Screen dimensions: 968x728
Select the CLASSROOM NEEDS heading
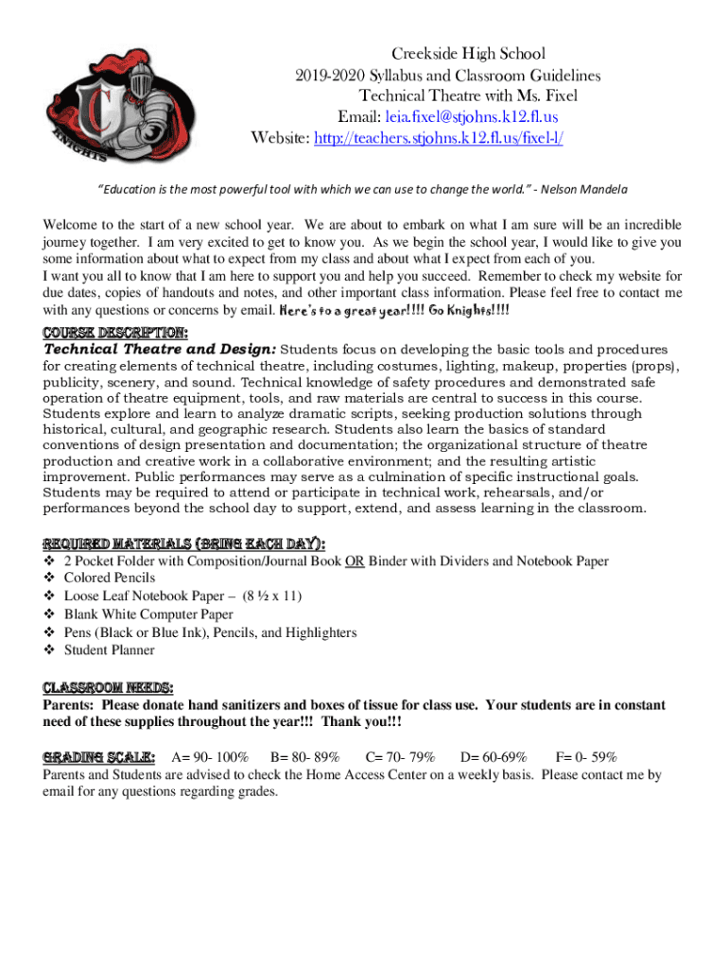(108, 687)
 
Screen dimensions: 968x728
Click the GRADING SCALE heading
(99, 757)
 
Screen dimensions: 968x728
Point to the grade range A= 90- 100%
(210, 758)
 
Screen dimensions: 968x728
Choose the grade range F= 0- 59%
(585, 758)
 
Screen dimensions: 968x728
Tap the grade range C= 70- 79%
(400, 758)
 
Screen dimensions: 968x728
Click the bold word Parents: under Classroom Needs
(69, 705)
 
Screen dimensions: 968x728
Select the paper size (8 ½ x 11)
(273, 596)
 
